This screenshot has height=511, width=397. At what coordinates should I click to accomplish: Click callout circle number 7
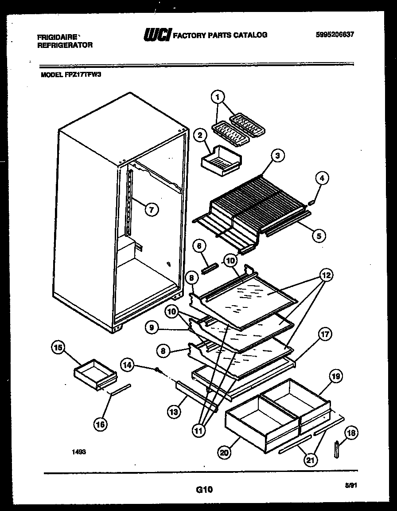[151, 210]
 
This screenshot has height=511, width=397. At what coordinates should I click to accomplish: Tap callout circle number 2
[200, 135]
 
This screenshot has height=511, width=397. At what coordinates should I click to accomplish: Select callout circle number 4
[323, 178]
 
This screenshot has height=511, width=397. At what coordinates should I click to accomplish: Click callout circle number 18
[352, 433]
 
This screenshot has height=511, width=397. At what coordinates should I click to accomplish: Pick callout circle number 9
[152, 327]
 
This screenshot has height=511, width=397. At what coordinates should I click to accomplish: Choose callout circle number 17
[325, 335]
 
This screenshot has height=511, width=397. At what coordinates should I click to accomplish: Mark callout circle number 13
[174, 412]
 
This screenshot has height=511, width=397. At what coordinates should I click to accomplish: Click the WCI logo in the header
[157, 35]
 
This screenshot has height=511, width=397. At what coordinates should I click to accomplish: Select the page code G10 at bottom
[204, 490]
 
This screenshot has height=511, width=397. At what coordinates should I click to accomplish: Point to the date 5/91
[352, 486]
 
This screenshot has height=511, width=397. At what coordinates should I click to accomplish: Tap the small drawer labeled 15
[95, 371]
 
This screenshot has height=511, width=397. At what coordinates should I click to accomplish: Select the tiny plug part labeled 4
[311, 202]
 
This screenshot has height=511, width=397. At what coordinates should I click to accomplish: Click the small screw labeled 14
[157, 369]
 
